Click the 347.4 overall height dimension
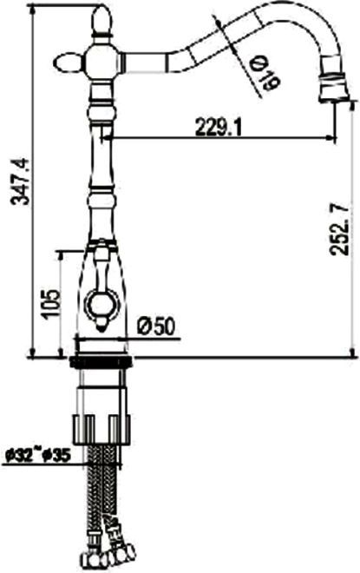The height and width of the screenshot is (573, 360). pos(20,181)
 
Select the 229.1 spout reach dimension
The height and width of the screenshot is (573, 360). pos(219,127)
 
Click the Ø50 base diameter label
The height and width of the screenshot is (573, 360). pos(157,326)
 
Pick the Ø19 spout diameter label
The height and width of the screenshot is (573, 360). pos(265,75)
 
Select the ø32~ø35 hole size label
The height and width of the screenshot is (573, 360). pos(38,455)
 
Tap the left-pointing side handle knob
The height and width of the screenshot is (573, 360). pos(69,63)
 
